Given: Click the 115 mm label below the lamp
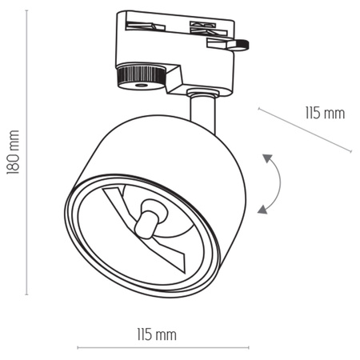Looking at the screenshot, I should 157,334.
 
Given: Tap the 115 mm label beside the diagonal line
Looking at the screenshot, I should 325,113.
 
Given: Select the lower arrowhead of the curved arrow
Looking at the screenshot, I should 262,210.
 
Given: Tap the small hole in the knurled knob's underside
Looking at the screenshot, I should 141,84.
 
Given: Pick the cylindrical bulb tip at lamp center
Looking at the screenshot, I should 148,218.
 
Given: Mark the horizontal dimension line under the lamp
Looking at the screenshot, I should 156,348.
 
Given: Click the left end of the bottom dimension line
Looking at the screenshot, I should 78,348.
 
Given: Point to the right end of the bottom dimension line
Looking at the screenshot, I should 235,348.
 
